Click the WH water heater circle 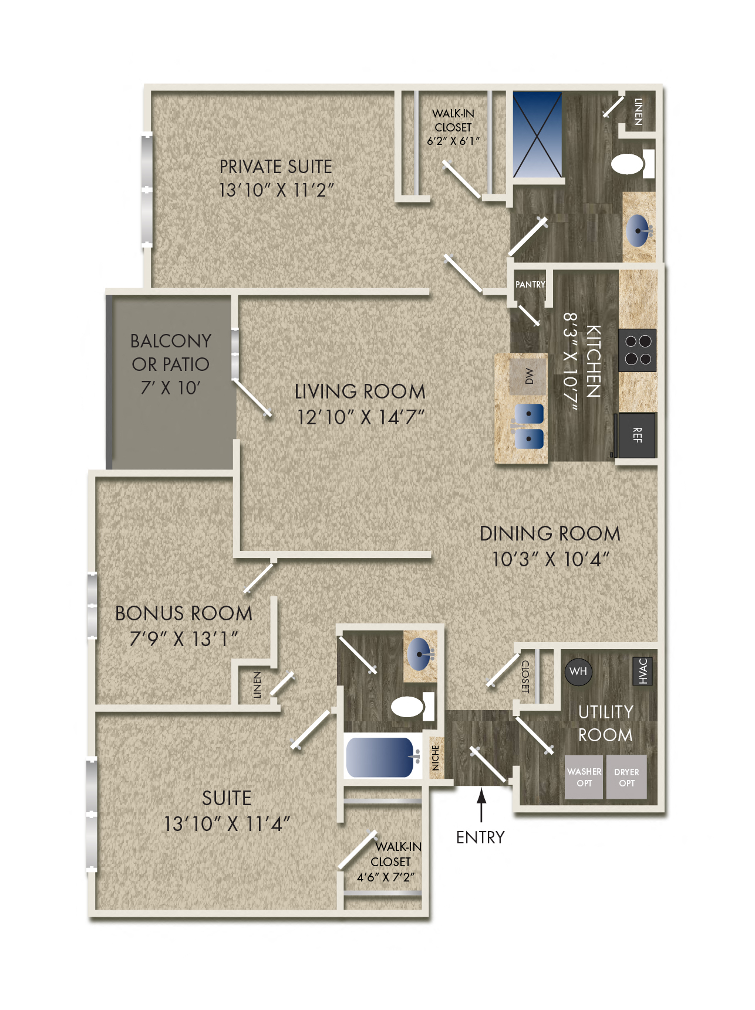[578, 671]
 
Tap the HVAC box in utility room [642, 671]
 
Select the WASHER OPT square [584, 777]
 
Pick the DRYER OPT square [626, 777]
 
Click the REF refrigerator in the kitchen [637, 435]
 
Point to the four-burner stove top [638, 350]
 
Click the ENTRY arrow [481, 805]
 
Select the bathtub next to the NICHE [381, 756]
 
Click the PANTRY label [530, 285]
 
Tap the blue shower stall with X [537, 134]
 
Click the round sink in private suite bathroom [639, 230]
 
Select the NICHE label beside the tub [435, 758]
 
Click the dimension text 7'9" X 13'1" [184, 639]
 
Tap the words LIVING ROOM [360, 392]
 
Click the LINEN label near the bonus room [257, 684]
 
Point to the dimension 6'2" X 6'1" [453, 141]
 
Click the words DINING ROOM [550, 533]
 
